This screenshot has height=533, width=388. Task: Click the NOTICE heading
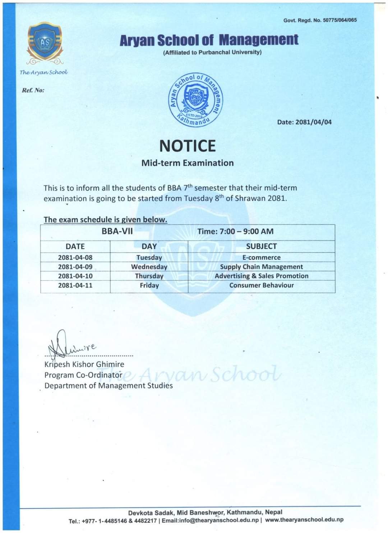click(187, 146)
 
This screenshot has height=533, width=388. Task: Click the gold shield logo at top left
click(45, 42)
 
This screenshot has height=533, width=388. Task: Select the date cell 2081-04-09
click(75, 267)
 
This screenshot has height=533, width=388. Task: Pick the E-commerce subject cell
click(261, 258)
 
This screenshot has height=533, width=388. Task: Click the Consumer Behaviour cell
click(261, 286)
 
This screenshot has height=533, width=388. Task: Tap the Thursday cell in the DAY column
click(149, 276)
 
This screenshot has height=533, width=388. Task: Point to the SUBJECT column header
click(261, 246)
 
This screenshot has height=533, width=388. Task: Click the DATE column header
click(75, 246)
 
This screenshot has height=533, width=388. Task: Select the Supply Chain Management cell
click(261, 267)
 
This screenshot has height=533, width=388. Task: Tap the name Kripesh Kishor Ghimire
click(84, 364)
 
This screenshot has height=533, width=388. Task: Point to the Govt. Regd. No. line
click(320, 20)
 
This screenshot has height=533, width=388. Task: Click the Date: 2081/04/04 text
click(304, 122)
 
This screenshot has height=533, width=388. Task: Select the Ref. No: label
click(33, 90)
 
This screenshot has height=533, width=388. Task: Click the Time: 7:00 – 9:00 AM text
click(235, 231)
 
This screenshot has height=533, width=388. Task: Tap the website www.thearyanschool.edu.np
click(304, 520)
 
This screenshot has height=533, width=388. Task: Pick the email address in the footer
click(210, 520)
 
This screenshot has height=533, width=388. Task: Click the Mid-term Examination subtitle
click(187, 163)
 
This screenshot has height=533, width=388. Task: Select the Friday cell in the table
click(149, 286)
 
